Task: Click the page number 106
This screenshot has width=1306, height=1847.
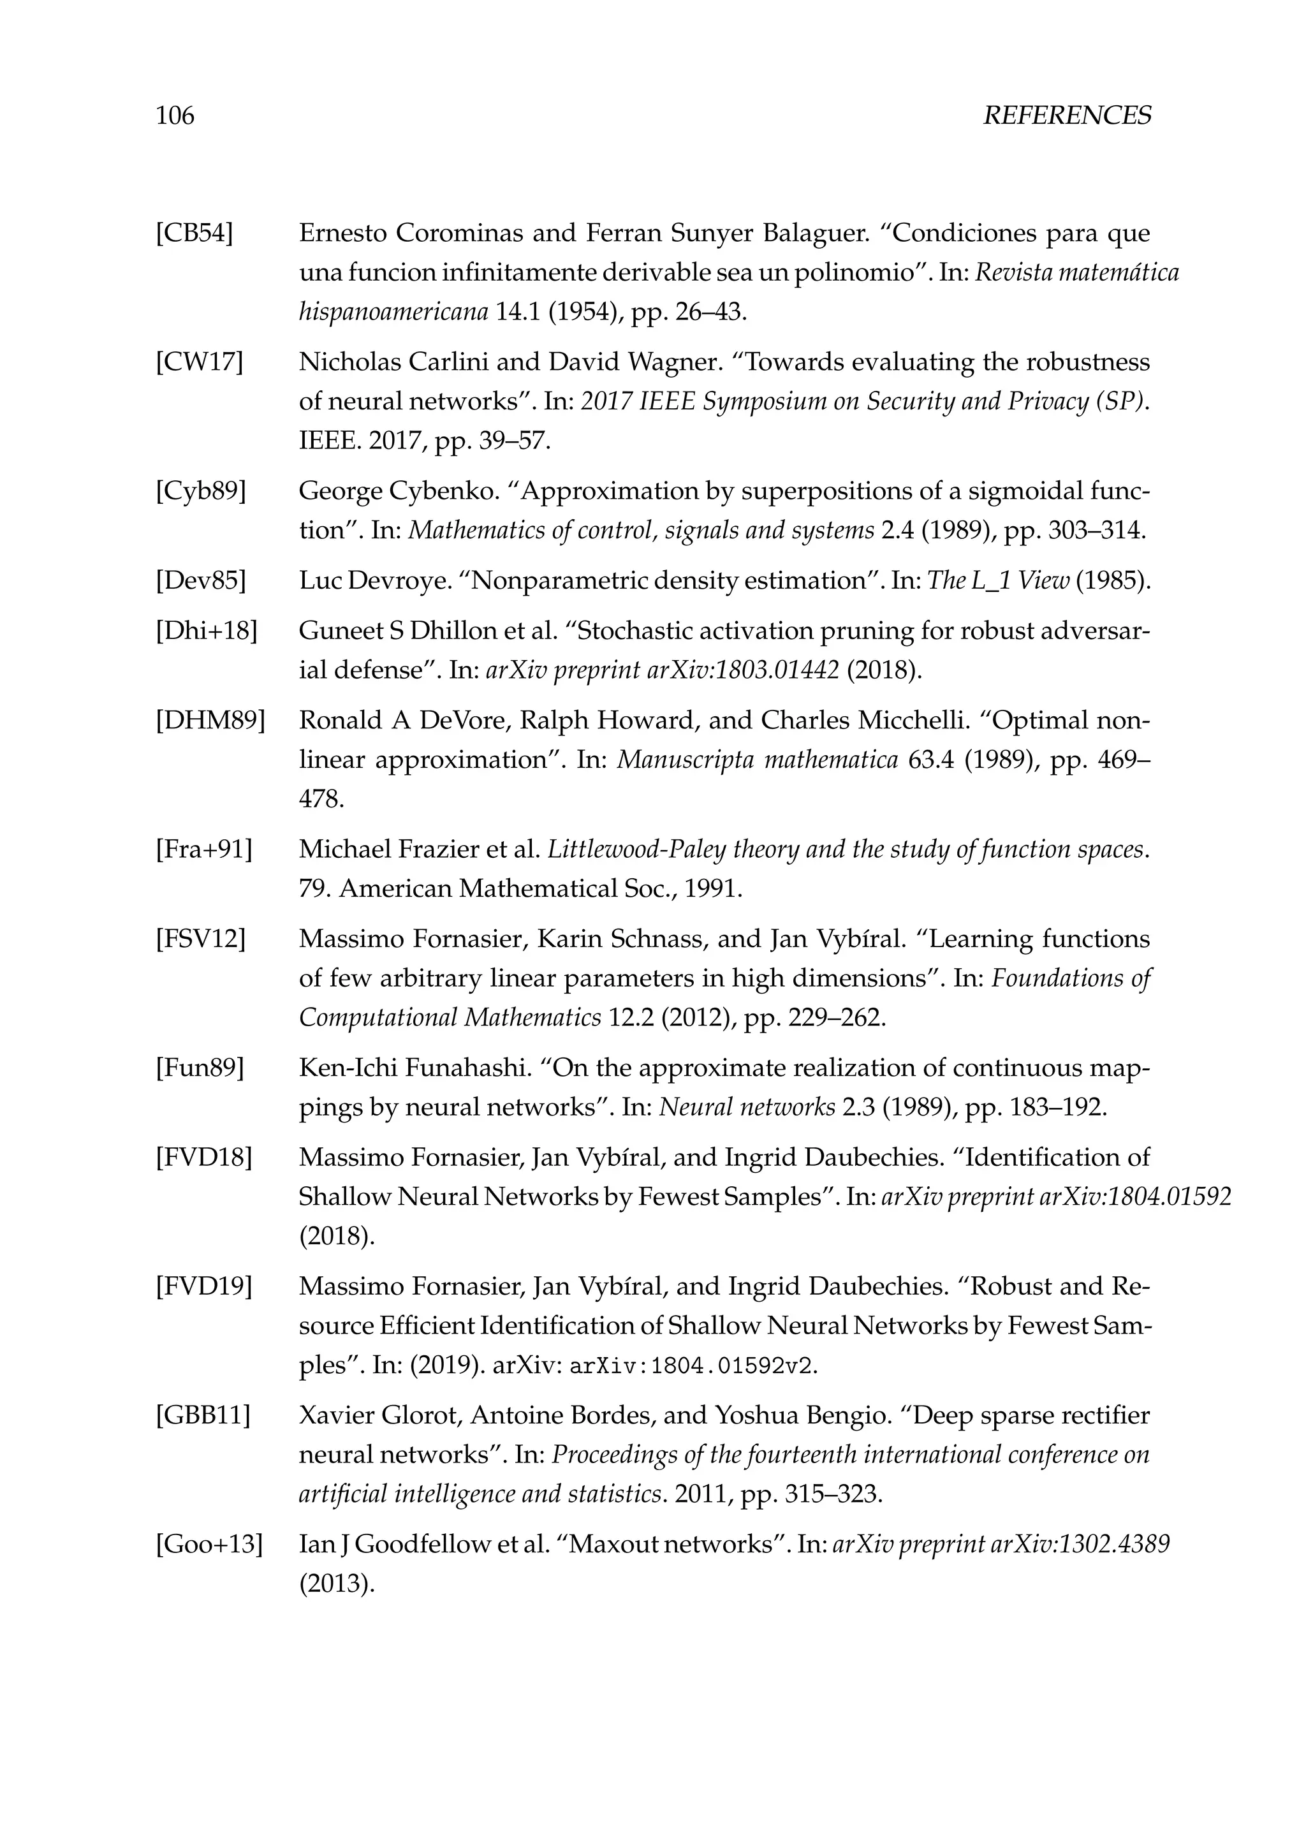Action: (175, 116)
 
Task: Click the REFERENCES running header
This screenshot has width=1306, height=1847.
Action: (1066, 116)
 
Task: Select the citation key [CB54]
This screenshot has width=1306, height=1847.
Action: (194, 233)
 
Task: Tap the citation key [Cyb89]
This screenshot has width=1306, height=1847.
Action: (200, 490)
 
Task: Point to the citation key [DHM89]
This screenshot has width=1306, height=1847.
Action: (210, 720)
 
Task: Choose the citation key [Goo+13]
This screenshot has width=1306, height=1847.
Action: (209, 1543)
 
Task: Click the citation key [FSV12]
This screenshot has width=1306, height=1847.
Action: (200, 939)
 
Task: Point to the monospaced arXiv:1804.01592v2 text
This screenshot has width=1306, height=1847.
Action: (693, 1366)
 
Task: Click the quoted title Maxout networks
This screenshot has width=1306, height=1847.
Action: (674, 1543)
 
